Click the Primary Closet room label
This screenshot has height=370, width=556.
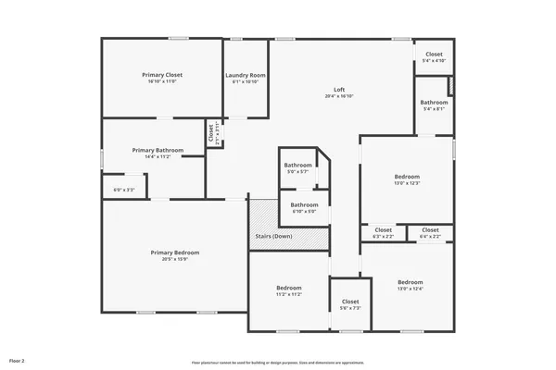coord(161,75)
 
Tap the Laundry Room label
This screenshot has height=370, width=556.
coord(246,75)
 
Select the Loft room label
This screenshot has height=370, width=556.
coord(339,90)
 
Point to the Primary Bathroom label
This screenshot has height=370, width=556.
coord(158,150)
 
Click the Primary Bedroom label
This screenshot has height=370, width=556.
coord(175,253)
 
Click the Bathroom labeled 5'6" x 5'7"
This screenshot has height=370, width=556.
coord(298,165)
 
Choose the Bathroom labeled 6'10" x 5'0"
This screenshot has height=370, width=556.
coord(304,204)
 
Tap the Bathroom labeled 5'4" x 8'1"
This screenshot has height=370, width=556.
coord(434,102)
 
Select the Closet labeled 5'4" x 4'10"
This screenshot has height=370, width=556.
coord(434,55)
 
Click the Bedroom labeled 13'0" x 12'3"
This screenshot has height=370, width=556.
coord(408,176)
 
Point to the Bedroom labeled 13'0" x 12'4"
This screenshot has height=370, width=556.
coord(411,282)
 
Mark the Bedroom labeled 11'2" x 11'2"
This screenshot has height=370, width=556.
coord(289,288)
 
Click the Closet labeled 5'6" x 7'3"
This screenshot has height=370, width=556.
coord(350,302)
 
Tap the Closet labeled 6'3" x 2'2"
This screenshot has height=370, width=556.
coord(383,229)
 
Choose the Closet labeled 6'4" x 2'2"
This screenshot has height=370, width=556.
coord(430,229)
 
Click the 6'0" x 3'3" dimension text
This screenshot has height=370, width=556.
coord(124,191)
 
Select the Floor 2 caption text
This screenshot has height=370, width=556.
coord(17,360)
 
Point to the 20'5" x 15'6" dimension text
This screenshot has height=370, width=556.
coord(175,259)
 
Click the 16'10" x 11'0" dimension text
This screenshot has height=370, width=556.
coord(161,81)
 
